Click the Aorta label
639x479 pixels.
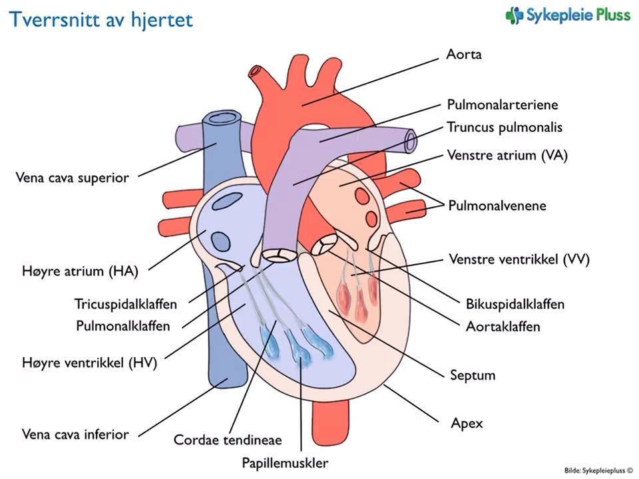[x=463, y=55]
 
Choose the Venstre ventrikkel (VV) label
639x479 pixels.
[x=519, y=259]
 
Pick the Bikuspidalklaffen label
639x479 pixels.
[x=515, y=304]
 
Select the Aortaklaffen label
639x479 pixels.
[x=503, y=327]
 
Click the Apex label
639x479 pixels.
[x=467, y=423]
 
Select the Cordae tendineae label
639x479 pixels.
[x=228, y=440]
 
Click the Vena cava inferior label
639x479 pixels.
[x=75, y=434]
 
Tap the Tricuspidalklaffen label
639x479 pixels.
[x=126, y=304]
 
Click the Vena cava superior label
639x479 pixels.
[x=71, y=178]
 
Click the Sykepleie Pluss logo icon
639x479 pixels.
[x=513, y=15]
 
